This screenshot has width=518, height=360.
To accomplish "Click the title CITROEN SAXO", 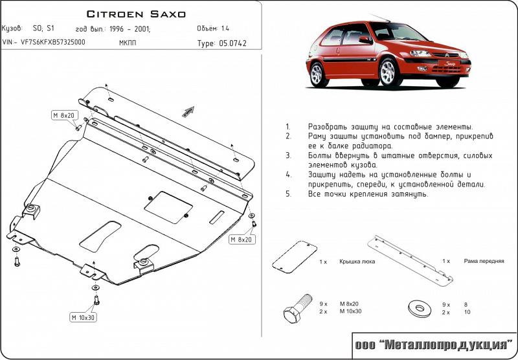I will [x=135, y=13].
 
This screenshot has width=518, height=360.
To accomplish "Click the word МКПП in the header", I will [x=128, y=43].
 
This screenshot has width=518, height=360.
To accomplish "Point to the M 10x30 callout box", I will [x=83, y=317].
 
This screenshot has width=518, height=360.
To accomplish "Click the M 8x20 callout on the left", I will [x=65, y=115].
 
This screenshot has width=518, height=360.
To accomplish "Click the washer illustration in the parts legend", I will [x=420, y=308].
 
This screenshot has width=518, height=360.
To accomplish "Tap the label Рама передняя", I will [x=484, y=261].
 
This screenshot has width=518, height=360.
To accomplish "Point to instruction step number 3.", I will [x=287, y=156].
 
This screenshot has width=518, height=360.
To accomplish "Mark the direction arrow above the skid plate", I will [x=187, y=111].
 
